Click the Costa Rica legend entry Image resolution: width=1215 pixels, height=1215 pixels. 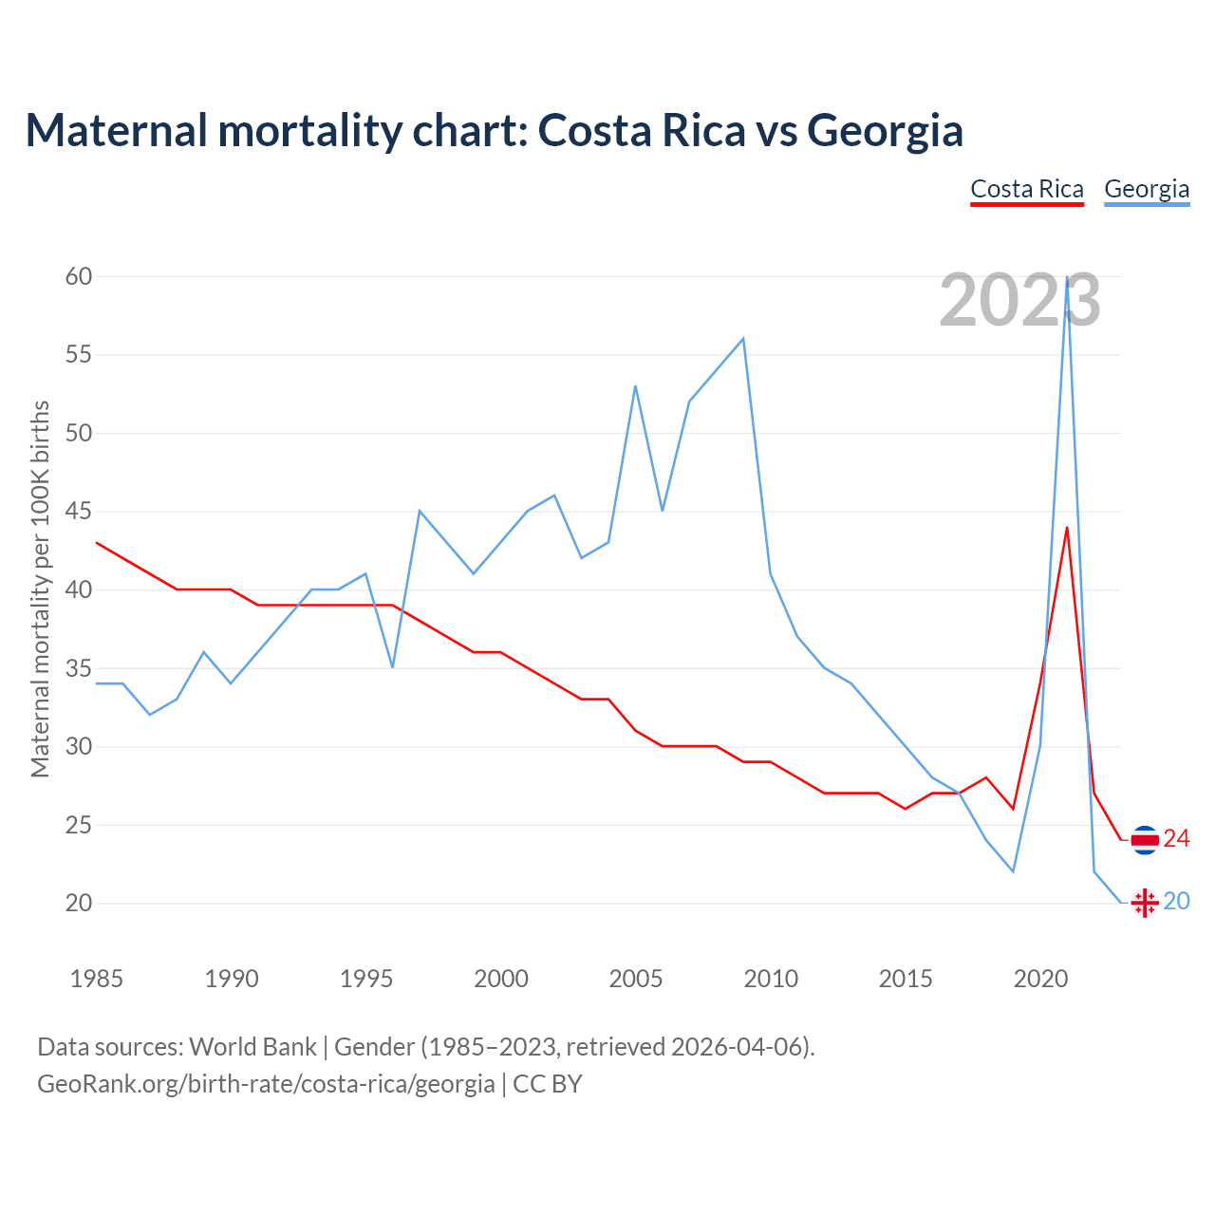click(x=1026, y=189)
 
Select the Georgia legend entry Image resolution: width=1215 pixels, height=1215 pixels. click(x=1147, y=189)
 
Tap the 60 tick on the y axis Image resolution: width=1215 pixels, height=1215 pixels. click(x=79, y=276)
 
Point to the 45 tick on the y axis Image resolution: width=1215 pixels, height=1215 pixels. click(x=79, y=512)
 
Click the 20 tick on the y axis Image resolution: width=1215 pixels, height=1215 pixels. click(x=79, y=903)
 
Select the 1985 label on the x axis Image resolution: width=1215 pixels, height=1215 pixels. click(x=96, y=979)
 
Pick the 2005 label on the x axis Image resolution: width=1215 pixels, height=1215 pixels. click(x=635, y=979)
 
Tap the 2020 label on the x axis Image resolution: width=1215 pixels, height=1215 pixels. click(x=1040, y=979)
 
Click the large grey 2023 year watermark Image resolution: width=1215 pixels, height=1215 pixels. click(x=1019, y=301)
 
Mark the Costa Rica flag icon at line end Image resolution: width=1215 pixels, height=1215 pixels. click(x=1145, y=840)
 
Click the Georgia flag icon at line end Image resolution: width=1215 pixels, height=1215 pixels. click(x=1145, y=903)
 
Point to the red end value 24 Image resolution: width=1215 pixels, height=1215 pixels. click(x=1177, y=838)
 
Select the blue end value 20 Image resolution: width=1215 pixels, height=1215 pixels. click(x=1177, y=901)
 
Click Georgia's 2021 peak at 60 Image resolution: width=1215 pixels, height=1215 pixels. click(x=1068, y=277)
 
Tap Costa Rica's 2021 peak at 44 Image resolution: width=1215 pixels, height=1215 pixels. click(x=1067, y=528)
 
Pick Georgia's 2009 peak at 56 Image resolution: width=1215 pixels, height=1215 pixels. click(x=743, y=339)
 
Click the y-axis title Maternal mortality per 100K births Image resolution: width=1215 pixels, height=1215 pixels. click(x=40, y=589)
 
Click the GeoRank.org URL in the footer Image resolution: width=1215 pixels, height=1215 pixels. click(x=266, y=1083)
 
